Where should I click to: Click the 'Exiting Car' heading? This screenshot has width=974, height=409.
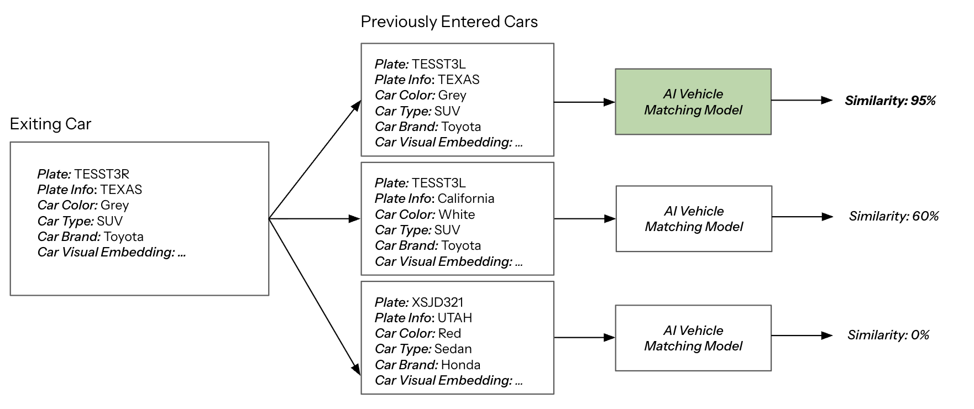tap(50, 124)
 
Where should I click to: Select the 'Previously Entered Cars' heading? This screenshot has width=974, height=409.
tap(449, 22)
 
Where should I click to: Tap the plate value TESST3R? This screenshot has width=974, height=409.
tap(102, 174)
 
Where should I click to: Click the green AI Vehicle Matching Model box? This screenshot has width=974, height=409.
tap(693, 102)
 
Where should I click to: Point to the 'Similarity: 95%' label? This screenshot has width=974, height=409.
tap(890, 101)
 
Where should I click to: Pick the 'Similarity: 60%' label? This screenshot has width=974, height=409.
tap(893, 216)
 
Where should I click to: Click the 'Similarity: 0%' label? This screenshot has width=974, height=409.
tap(888, 335)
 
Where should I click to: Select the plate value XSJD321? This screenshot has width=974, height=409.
tap(437, 302)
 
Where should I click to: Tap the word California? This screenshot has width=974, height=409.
tap(465, 198)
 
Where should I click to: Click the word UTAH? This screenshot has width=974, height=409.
tap(454, 318)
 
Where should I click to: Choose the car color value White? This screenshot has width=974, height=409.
tap(456, 214)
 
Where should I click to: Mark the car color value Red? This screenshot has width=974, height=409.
tap(449, 333)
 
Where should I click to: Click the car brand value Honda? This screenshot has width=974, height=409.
tap(460, 365)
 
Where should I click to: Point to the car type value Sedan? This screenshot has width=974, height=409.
tap(453, 349)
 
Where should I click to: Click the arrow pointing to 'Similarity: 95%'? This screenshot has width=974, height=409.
tap(802, 100)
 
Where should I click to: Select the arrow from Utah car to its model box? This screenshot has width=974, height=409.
tap(584, 337)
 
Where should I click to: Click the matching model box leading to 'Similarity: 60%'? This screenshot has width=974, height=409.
tap(694, 219)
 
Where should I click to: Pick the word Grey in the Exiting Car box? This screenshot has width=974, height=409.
tap(114, 205)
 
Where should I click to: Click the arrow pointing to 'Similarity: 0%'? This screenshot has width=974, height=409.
tap(802, 335)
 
